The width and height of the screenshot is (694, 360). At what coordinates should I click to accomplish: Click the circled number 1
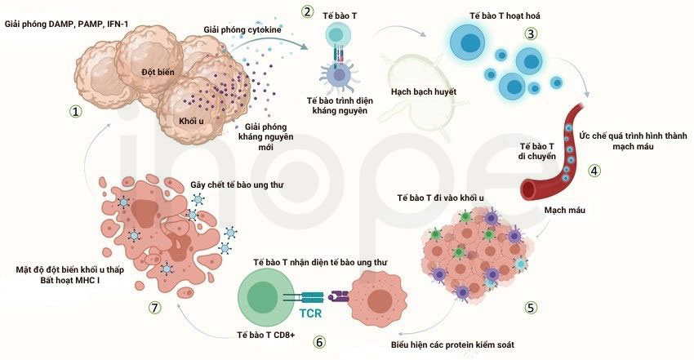point(75,112)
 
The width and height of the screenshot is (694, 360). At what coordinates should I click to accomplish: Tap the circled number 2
point(307,11)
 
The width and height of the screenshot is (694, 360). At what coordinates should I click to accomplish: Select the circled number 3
point(532,33)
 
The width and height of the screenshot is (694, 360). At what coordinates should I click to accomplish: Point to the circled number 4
point(594,171)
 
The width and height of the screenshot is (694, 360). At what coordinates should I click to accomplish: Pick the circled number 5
point(532,308)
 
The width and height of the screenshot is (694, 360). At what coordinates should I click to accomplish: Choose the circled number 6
point(318,342)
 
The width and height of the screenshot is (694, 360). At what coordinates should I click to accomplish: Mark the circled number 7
point(154,308)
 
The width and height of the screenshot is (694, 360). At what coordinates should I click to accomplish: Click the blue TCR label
point(310,313)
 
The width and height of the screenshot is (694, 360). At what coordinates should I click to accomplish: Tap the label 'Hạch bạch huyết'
point(424,92)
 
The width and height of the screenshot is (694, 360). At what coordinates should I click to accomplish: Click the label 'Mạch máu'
point(565,210)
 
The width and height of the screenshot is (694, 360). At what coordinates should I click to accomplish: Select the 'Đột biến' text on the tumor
point(158,72)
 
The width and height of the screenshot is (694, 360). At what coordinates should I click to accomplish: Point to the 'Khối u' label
point(191,121)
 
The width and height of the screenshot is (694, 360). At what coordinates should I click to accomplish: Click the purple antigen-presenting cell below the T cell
point(339,74)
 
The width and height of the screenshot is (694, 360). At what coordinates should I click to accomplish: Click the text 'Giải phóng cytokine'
point(242,29)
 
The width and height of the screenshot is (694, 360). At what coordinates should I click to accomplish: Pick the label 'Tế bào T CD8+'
point(266,335)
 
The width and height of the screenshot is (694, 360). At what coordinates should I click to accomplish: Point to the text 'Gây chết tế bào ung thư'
point(237,184)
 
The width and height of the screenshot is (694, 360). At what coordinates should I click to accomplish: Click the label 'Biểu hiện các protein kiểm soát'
point(452,344)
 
